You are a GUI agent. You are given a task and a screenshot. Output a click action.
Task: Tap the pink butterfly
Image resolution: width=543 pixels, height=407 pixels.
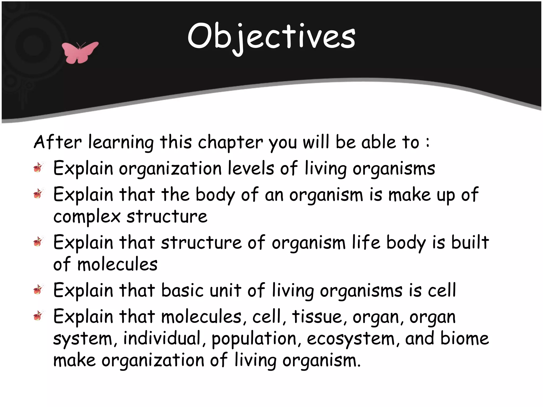pyautogui.click(x=79, y=52)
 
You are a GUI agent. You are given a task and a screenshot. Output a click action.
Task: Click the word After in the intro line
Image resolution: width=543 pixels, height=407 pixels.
pyautogui.click(x=58, y=142)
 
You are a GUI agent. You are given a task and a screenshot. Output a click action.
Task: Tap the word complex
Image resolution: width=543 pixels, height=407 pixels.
pyautogui.click(x=87, y=217)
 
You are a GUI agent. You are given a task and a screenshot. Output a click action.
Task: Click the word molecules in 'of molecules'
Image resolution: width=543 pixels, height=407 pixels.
pyautogui.click(x=117, y=264)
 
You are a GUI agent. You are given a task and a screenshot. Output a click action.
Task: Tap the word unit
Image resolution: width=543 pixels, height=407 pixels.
pyautogui.click(x=225, y=290)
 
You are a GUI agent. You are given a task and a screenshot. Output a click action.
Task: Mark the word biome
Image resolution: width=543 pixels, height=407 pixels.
pyautogui.click(x=465, y=339)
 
